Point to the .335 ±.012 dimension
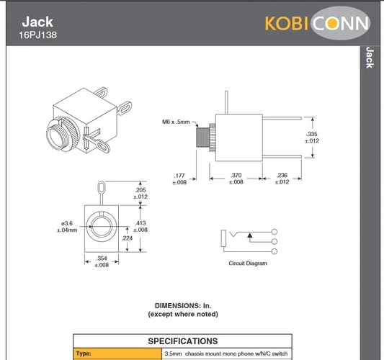point(312,138)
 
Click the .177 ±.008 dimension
point(179,179)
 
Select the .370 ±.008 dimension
point(236,179)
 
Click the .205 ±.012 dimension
point(141,193)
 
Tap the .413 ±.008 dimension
point(141,227)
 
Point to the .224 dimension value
point(127,238)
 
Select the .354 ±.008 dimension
point(102,261)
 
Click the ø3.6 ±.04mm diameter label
point(68,227)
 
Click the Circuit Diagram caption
point(248,264)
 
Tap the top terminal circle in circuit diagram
point(274,231)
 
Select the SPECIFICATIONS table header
point(182,341)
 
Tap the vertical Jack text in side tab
point(369,58)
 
